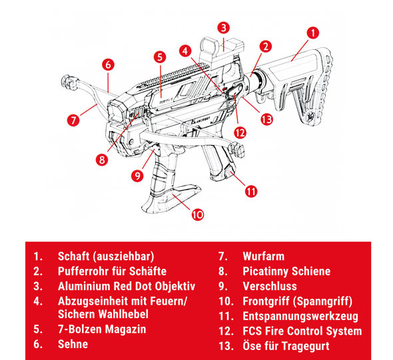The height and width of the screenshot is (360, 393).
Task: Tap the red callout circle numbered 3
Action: (224, 27)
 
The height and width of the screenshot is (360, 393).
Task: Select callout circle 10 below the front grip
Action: (197, 214)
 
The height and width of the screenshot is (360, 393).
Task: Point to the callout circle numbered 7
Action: (73, 120)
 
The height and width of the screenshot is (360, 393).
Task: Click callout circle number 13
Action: (267, 119)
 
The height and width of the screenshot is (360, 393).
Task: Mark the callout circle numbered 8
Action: (102, 159)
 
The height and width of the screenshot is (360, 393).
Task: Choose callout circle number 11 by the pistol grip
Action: (250, 191)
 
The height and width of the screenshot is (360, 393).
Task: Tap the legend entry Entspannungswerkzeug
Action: (301, 315)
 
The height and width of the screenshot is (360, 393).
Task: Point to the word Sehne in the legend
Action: (73, 345)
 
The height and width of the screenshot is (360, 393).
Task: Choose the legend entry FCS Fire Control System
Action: (302, 331)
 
